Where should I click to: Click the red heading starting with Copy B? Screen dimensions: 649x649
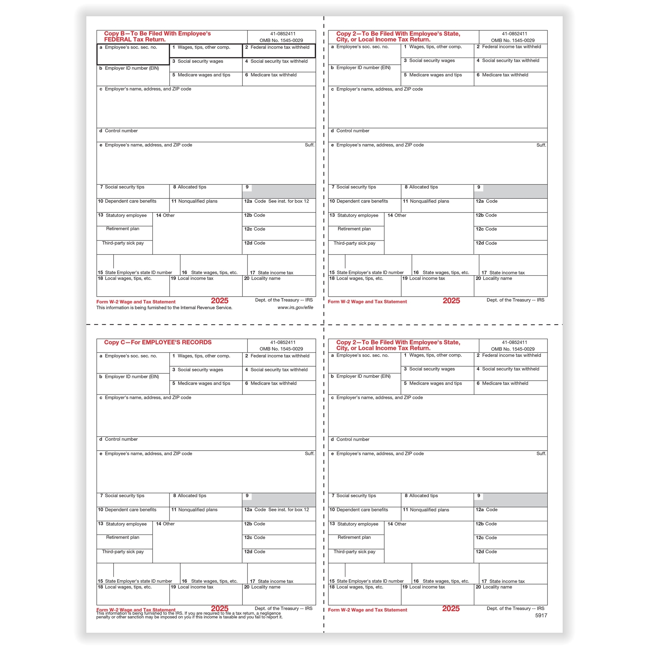[157, 37]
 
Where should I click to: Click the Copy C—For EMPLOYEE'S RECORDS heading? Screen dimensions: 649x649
[158, 342]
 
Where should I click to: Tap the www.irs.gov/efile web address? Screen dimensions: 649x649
[295, 308]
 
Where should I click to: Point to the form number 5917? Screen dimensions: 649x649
[541, 616]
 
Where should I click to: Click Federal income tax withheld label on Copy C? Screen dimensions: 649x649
[280, 356]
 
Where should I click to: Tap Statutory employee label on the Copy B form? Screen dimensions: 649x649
[126, 215]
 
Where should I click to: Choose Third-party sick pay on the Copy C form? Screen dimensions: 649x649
[123, 552]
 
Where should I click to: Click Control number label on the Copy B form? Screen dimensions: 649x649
[121, 131]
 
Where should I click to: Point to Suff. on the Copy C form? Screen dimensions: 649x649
[309, 454]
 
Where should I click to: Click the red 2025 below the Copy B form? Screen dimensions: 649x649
[219, 301]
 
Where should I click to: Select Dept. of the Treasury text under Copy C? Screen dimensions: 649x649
[283, 608]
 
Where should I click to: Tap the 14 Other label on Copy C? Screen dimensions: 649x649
[165, 524]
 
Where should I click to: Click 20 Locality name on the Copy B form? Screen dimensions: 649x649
[262, 279]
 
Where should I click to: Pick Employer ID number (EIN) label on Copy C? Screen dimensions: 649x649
[131, 377]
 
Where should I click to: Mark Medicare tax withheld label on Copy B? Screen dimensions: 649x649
[273, 75]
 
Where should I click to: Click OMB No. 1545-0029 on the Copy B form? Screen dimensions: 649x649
[281, 41]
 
